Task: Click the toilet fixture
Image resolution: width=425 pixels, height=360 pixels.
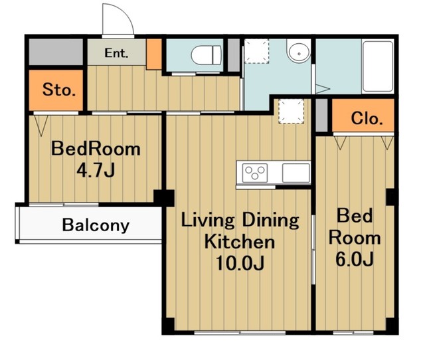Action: (x=206, y=55)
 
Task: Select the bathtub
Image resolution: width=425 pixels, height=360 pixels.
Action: (x=378, y=67)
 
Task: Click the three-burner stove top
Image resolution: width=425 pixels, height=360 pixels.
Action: (x=254, y=173)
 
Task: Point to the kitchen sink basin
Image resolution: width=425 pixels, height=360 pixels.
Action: (x=296, y=173)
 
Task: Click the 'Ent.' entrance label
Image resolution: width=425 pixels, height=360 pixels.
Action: (x=116, y=53)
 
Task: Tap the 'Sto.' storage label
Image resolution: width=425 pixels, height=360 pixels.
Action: (x=59, y=90)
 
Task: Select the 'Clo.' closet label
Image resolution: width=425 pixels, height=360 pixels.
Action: (x=367, y=118)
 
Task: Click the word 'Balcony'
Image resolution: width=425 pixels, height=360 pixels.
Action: (x=96, y=225)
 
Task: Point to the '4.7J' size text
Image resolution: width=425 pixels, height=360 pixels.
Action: (x=96, y=170)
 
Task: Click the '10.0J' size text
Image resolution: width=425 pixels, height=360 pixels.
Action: (x=240, y=263)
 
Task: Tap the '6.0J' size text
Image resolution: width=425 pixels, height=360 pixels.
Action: (x=355, y=259)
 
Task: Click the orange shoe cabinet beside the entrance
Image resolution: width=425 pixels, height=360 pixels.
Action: (x=154, y=54)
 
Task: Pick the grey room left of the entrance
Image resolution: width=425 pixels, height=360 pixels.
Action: (x=56, y=52)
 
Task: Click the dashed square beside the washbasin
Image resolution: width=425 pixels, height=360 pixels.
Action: (x=256, y=51)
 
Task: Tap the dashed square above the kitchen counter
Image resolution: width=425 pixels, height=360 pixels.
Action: (x=291, y=111)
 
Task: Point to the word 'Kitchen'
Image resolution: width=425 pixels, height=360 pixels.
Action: (x=240, y=242)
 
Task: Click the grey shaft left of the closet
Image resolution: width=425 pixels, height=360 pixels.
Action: (x=322, y=115)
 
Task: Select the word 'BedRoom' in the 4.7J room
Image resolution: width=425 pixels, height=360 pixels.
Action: (x=96, y=149)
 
